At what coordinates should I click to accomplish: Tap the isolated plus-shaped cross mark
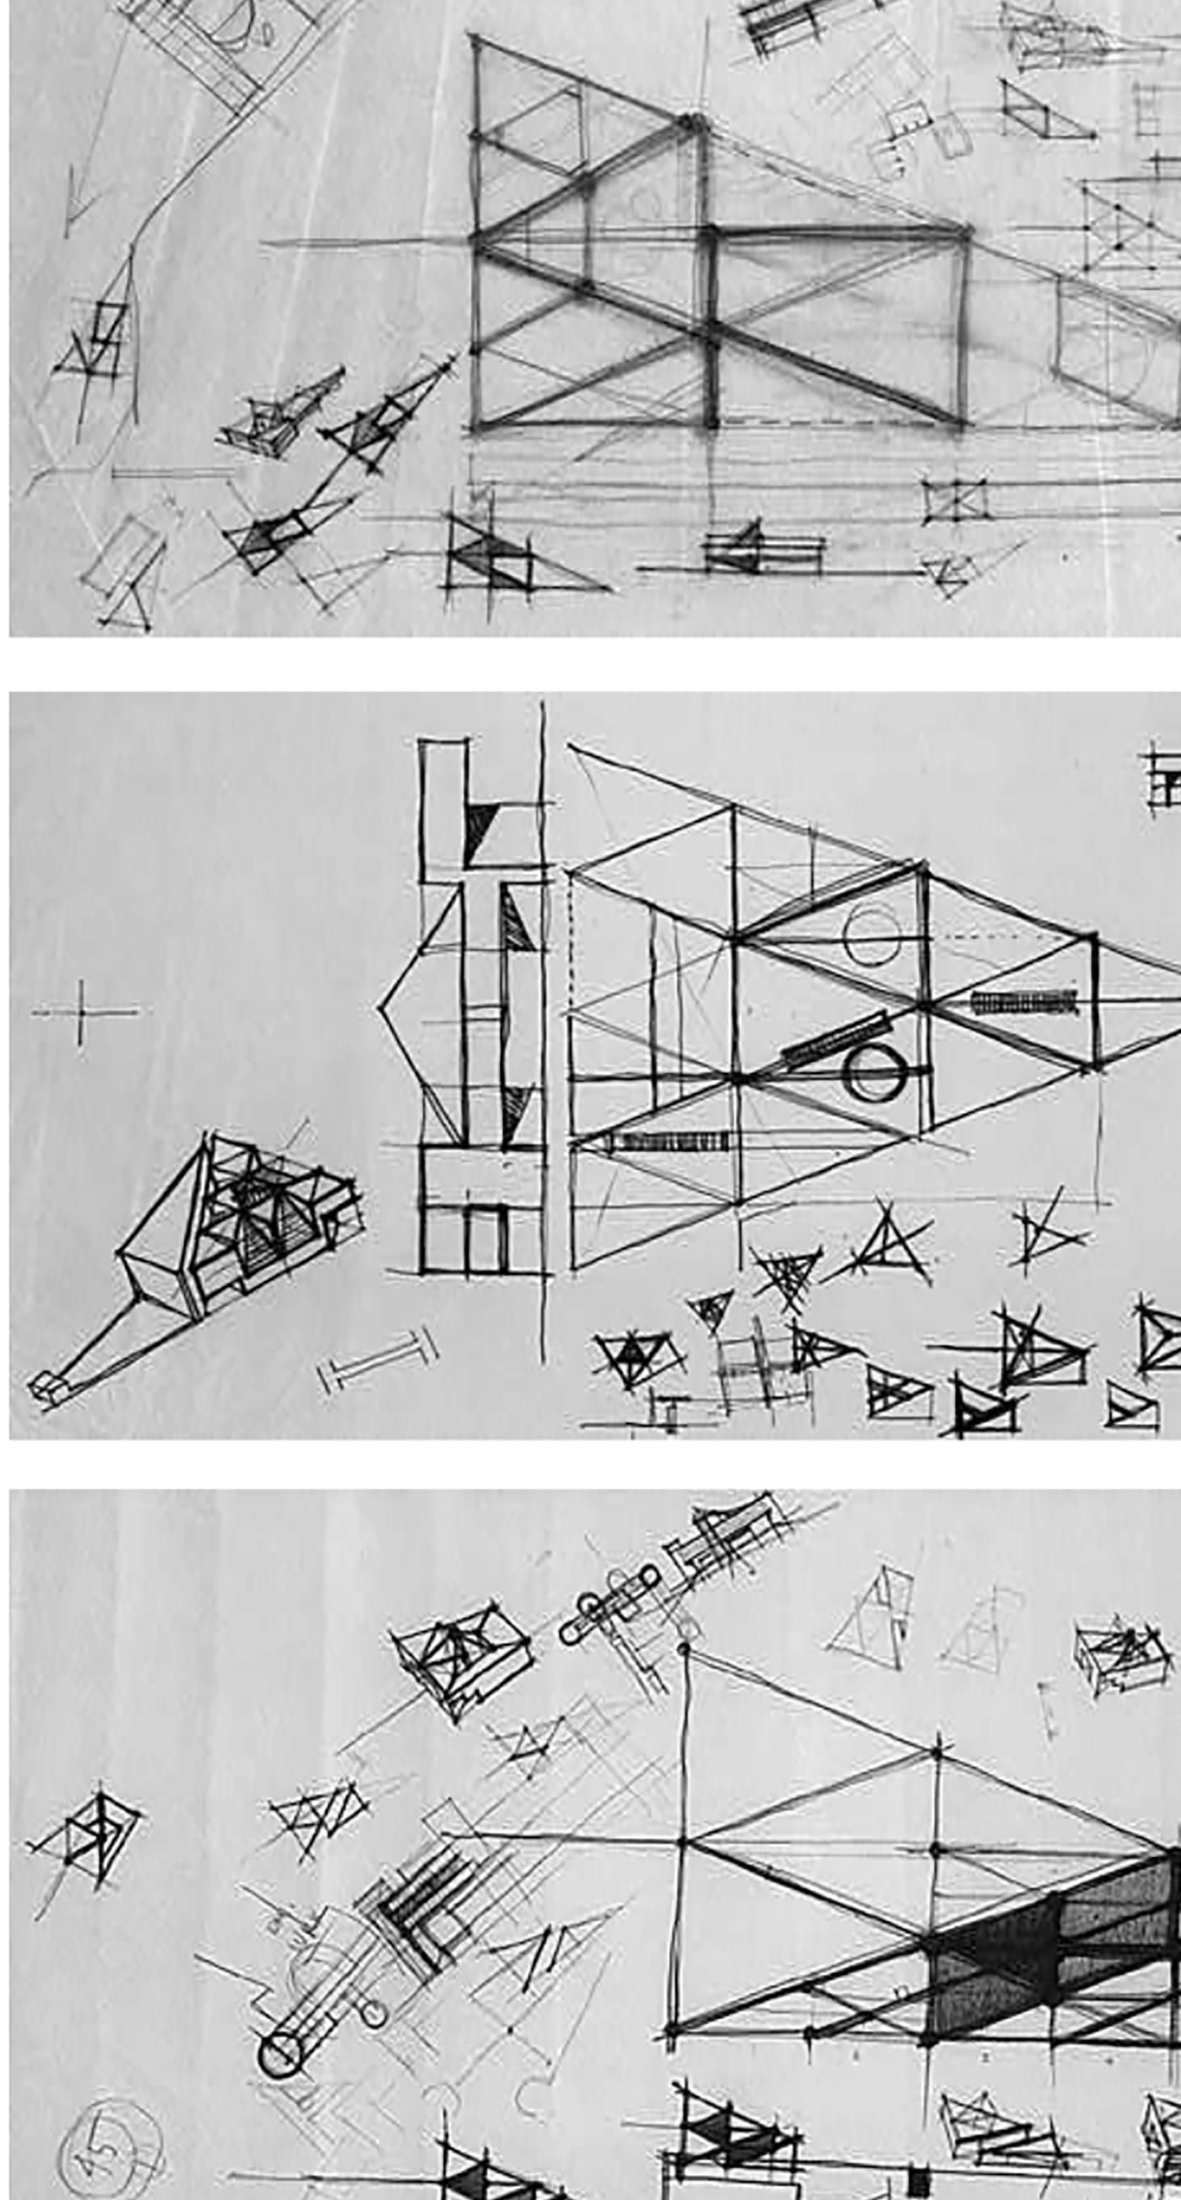click(81, 1012)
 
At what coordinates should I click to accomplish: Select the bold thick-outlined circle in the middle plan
click(874, 1072)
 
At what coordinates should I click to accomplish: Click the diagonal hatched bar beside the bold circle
click(835, 1039)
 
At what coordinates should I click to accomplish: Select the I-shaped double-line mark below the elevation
click(377, 1357)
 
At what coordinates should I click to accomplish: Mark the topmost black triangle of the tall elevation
click(478, 828)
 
